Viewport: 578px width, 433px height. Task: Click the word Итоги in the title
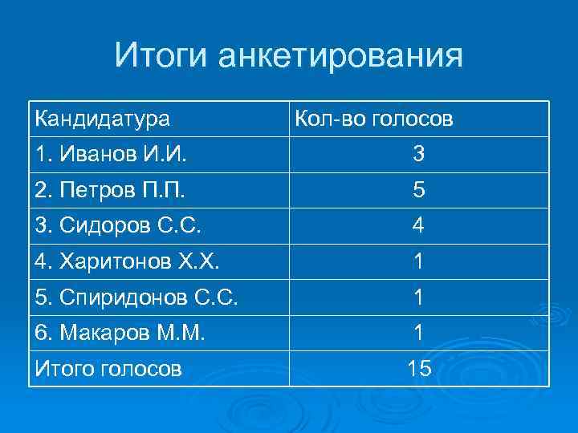161,56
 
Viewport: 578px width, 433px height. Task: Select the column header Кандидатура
102,119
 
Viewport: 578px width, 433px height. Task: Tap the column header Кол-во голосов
373,119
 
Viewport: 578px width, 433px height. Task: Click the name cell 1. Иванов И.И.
110,154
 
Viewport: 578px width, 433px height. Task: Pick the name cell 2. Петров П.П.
111,190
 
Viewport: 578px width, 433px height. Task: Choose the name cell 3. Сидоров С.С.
117,225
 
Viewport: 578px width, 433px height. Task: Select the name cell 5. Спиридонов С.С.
136,297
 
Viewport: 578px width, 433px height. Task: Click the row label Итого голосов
108,368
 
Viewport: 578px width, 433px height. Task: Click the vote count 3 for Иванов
418,155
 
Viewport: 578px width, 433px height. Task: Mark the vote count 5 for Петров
418,191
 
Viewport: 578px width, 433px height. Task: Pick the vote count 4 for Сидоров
418,226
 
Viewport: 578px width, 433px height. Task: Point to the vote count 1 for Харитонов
418,262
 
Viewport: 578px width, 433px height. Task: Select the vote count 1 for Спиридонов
418,297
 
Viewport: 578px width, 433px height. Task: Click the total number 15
418,369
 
